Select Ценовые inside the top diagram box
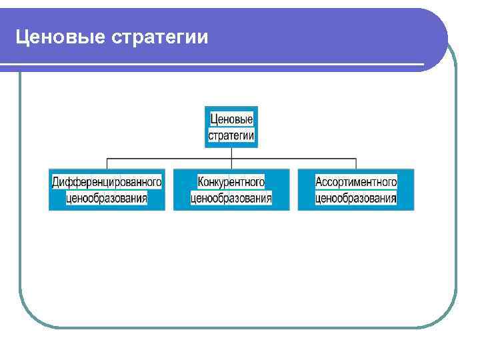coord(231,119)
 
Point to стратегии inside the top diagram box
coord(231,135)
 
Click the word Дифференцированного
coord(107,181)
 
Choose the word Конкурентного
coord(231,181)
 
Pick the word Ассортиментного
coord(356,181)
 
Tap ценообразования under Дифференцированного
coord(107,198)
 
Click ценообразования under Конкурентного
coord(231,198)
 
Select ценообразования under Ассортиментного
coord(356,198)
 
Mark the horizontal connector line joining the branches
coord(167,159)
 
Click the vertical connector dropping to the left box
coord(107,164)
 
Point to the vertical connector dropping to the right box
coord(356,164)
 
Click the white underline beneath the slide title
coord(213,65)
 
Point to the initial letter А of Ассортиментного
coord(319,181)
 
